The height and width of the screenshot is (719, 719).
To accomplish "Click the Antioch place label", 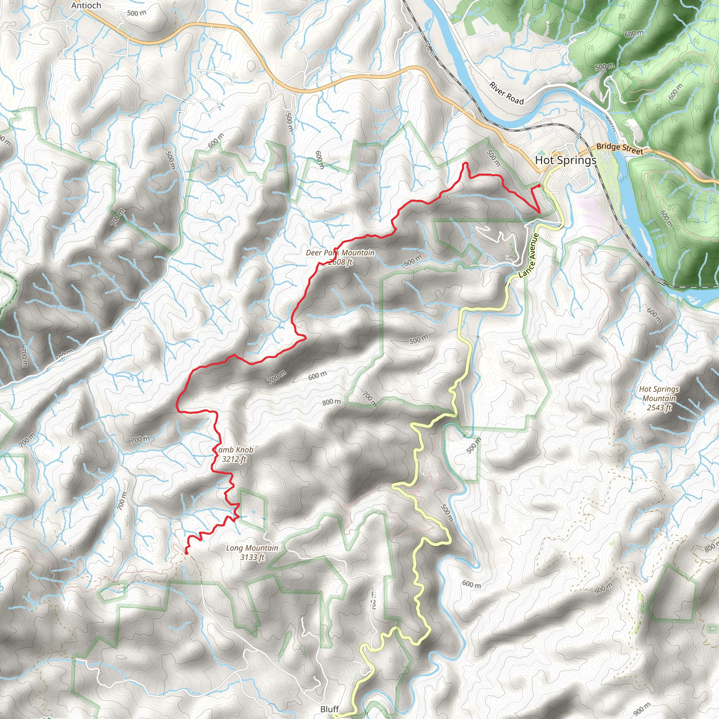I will point(86,6).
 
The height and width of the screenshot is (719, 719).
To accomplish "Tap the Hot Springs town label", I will point(565,160).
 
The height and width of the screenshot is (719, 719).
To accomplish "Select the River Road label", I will point(506,93).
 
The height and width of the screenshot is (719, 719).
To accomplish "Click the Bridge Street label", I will point(620,149).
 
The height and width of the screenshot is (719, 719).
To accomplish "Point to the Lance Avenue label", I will point(528,255).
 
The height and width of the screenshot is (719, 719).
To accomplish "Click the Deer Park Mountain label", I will point(340,253).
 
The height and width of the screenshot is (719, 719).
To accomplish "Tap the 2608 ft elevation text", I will point(340,262).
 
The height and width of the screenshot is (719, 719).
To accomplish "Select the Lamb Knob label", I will point(235,450).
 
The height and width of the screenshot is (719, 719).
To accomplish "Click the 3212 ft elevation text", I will point(234,459).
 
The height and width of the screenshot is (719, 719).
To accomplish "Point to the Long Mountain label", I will point(252,548).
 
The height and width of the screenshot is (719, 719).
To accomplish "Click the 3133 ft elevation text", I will point(252,557).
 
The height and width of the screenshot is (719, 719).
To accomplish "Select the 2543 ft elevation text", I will point(659,408).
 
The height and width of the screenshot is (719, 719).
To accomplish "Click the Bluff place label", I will point(329,709).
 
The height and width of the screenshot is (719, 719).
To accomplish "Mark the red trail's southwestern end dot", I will point(186,553).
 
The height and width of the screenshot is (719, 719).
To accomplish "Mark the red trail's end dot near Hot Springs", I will point(539,185).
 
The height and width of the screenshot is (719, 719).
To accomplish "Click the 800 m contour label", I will point(331,402).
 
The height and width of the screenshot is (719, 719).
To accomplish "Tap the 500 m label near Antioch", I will point(137,13).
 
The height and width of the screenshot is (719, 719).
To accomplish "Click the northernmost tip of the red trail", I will point(465,163).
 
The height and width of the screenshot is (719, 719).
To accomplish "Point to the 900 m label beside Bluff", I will point(642,709).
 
